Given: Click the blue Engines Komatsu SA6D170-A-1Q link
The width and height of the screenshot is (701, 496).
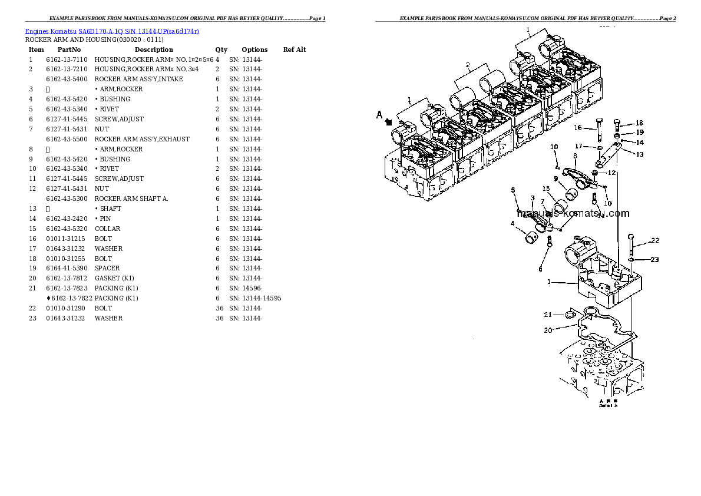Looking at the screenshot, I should [x=112, y=31].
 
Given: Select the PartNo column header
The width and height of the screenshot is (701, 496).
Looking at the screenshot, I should [x=69, y=49].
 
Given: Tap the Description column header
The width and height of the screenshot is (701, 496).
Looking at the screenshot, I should [x=154, y=49].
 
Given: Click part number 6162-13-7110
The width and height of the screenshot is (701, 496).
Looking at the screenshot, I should [x=67, y=59].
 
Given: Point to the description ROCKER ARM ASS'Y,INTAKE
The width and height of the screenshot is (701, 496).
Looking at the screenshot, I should [x=138, y=79].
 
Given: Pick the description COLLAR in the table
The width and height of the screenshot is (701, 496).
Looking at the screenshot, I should [x=107, y=229].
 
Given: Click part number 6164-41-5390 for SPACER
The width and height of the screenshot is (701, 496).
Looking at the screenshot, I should [x=67, y=268].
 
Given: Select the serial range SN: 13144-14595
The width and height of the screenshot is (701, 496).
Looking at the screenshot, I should [x=255, y=298].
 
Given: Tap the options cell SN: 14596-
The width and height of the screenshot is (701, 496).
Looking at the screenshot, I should [x=246, y=288].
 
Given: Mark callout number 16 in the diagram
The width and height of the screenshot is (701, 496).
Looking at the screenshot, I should [x=577, y=127].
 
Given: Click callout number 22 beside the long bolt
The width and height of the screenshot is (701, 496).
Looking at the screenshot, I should [x=654, y=240].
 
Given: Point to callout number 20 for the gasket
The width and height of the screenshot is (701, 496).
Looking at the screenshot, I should [x=548, y=330].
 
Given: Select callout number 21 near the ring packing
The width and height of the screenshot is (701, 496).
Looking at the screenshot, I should [x=548, y=315].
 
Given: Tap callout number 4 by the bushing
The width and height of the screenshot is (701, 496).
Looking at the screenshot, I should [x=512, y=223].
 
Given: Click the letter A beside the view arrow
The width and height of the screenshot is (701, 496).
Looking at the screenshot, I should [x=380, y=115].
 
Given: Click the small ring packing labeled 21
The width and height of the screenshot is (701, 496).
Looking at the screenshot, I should [x=570, y=316].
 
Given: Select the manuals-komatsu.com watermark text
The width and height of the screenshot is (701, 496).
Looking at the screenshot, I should [x=573, y=214].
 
